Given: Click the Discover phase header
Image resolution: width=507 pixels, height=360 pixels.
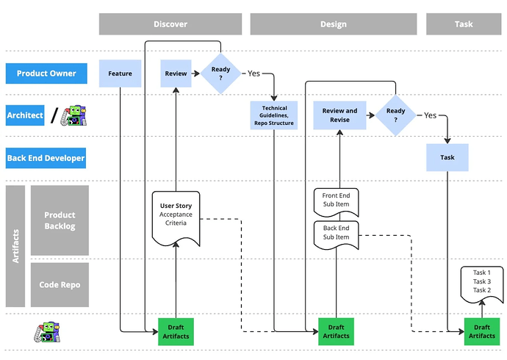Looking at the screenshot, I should tap(170, 24).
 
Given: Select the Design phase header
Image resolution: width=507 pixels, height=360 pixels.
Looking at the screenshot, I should tap(333, 24).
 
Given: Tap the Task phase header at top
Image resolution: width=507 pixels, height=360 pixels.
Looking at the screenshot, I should tap(463, 24).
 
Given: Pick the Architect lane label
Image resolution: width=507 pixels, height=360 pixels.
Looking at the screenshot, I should tap(25, 115).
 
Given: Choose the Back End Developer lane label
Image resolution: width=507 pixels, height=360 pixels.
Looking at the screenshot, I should tap(46, 158).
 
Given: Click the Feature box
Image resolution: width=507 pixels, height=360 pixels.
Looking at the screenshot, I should tap(120, 73).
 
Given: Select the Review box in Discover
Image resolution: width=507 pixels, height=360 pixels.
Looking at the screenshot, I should tap(176, 73).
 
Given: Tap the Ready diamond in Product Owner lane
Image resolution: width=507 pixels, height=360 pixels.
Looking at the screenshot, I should tap(221, 73).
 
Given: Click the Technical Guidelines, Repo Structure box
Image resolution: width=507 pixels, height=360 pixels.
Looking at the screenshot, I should tap(274, 116).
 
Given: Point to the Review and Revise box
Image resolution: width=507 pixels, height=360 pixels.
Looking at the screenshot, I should tap(340, 116).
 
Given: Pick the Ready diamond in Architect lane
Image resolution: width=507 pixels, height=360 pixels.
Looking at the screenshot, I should tap(396, 115).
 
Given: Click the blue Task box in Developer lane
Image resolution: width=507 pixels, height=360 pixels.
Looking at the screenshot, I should tap(447, 157).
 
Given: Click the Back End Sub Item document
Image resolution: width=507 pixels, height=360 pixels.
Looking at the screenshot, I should tap(336, 234).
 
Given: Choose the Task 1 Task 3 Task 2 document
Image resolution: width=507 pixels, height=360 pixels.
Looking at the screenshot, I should tap(481, 282).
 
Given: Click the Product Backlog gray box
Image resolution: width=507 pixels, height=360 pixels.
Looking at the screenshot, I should tap(60, 220).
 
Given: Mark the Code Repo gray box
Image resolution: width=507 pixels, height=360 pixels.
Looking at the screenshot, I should tap(60, 284).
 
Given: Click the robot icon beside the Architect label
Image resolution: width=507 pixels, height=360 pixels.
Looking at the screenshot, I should tap(74, 115).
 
